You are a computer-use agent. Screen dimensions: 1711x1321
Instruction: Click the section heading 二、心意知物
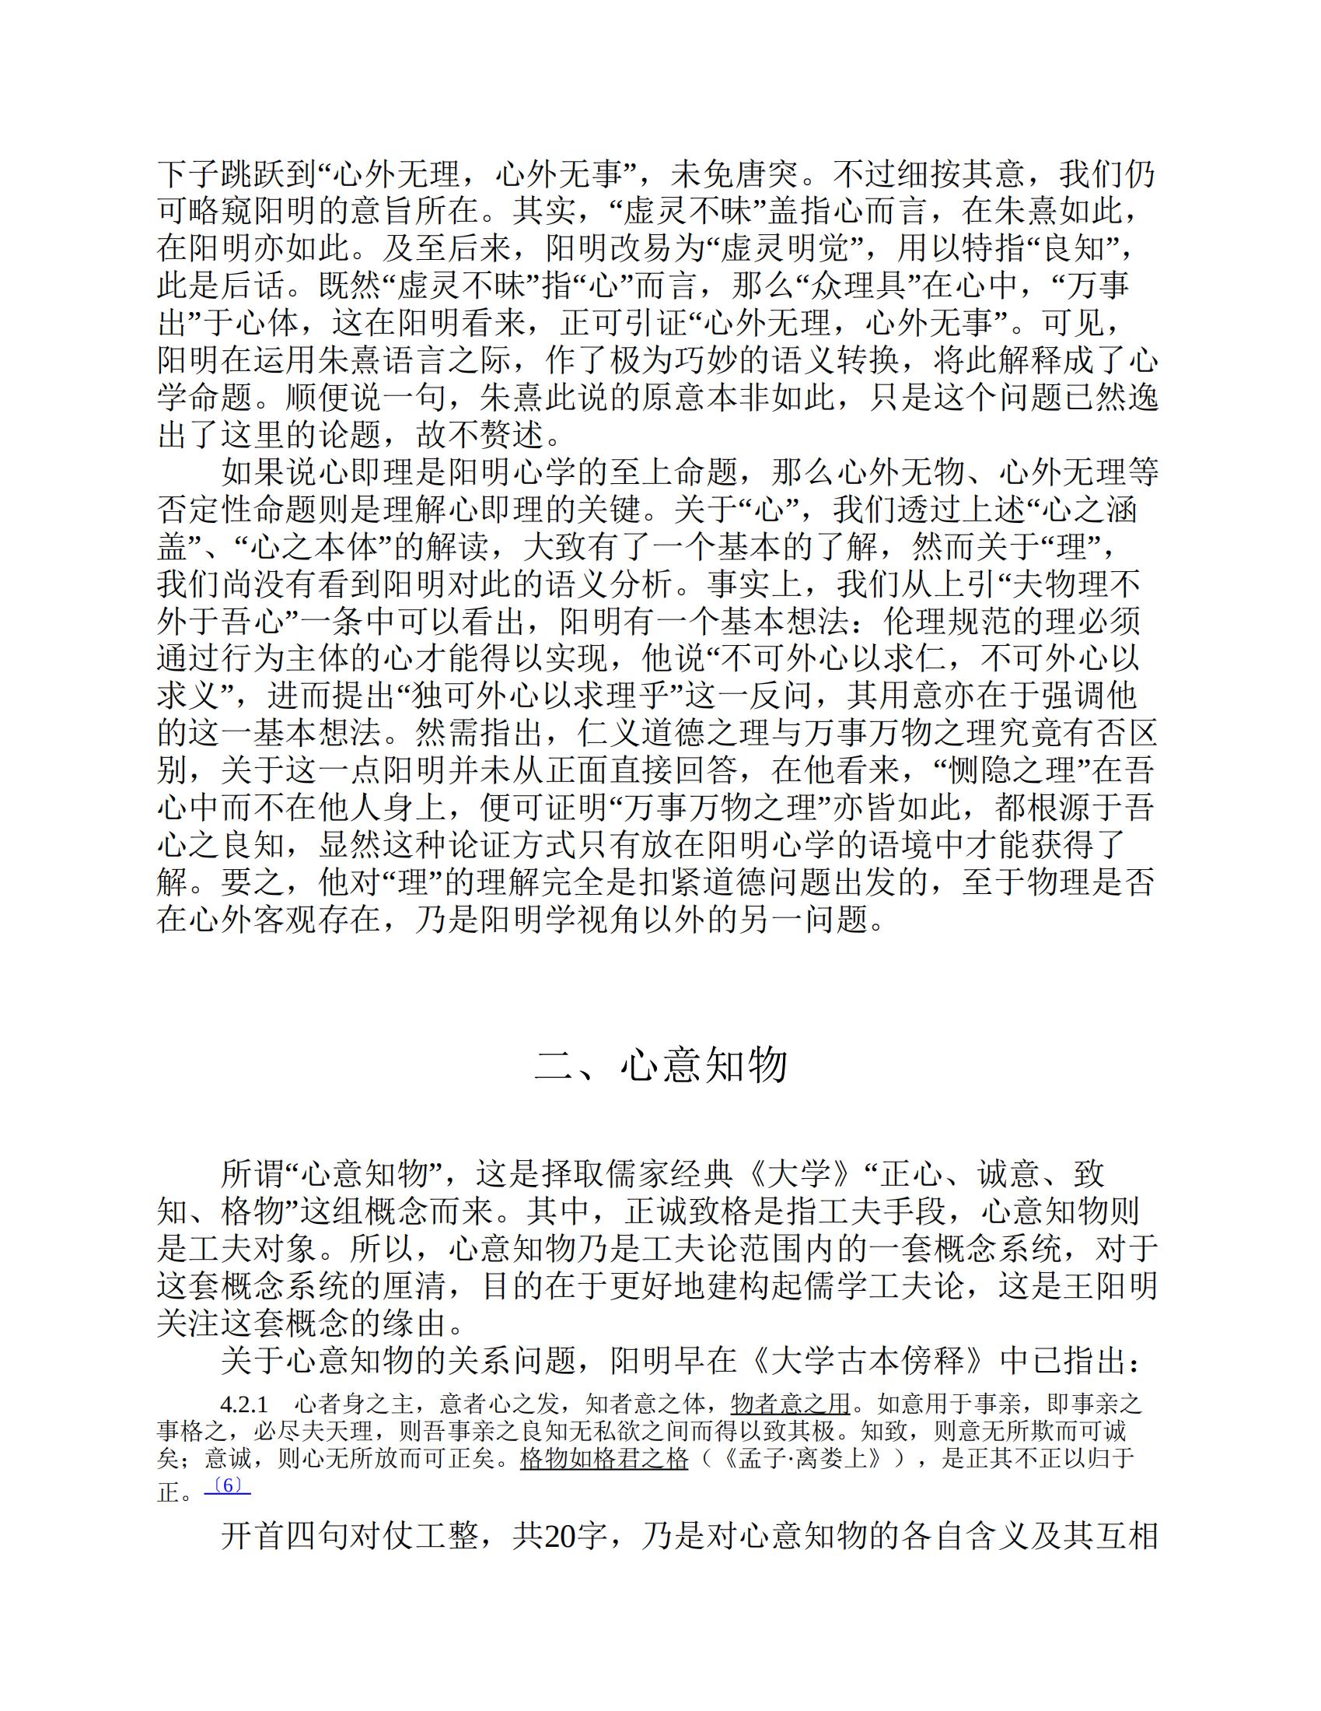660,1065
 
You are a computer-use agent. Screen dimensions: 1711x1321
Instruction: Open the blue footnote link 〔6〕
227,1485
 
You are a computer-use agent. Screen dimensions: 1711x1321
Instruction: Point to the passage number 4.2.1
244,1404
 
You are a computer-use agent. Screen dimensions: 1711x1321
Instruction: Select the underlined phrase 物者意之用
789,1404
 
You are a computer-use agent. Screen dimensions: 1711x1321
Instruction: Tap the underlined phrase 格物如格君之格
603,1459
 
